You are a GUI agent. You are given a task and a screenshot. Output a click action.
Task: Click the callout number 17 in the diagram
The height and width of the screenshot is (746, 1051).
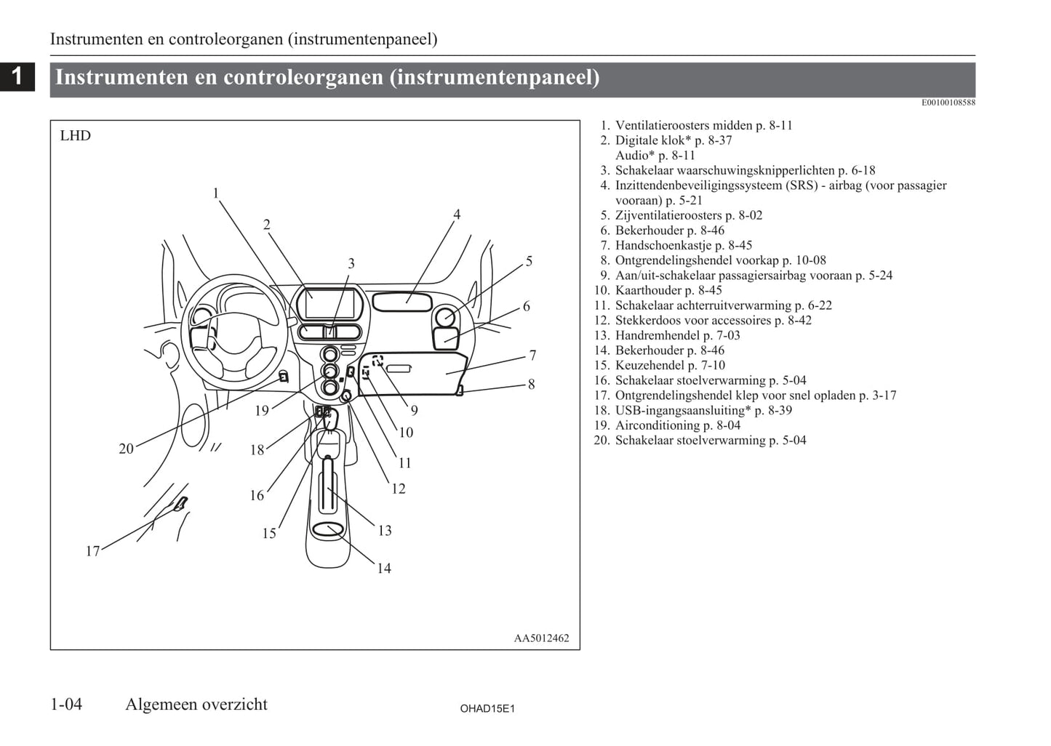(x=92, y=551)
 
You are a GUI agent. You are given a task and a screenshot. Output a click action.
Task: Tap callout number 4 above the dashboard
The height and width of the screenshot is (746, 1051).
(x=457, y=214)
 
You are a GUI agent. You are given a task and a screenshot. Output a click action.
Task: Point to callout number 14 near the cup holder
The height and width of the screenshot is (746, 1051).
(x=383, y=569)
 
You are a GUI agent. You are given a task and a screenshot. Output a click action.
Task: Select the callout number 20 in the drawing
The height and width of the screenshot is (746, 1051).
(x=127, y=449)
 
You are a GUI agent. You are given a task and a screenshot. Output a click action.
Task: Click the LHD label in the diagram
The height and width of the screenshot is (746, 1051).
(x=75, y=136)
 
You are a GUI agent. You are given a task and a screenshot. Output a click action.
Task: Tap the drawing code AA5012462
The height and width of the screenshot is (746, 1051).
(x=541, y=638)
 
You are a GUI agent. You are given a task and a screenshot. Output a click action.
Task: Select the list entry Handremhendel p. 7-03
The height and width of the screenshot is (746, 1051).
(x=677, y=335)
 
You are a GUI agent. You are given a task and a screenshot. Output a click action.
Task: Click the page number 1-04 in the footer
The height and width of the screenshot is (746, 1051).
(x=66, y=705)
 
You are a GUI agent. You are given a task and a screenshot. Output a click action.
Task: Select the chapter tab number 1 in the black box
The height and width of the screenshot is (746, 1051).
(x=17, y=76)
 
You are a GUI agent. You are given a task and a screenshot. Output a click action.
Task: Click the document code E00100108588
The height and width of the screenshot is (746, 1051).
(x=948, y=103)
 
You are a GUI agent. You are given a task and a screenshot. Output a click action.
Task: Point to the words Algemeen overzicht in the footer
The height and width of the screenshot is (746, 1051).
(x=196, y=705)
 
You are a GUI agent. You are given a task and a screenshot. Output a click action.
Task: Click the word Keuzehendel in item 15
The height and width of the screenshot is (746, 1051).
(x=650, y=365)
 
